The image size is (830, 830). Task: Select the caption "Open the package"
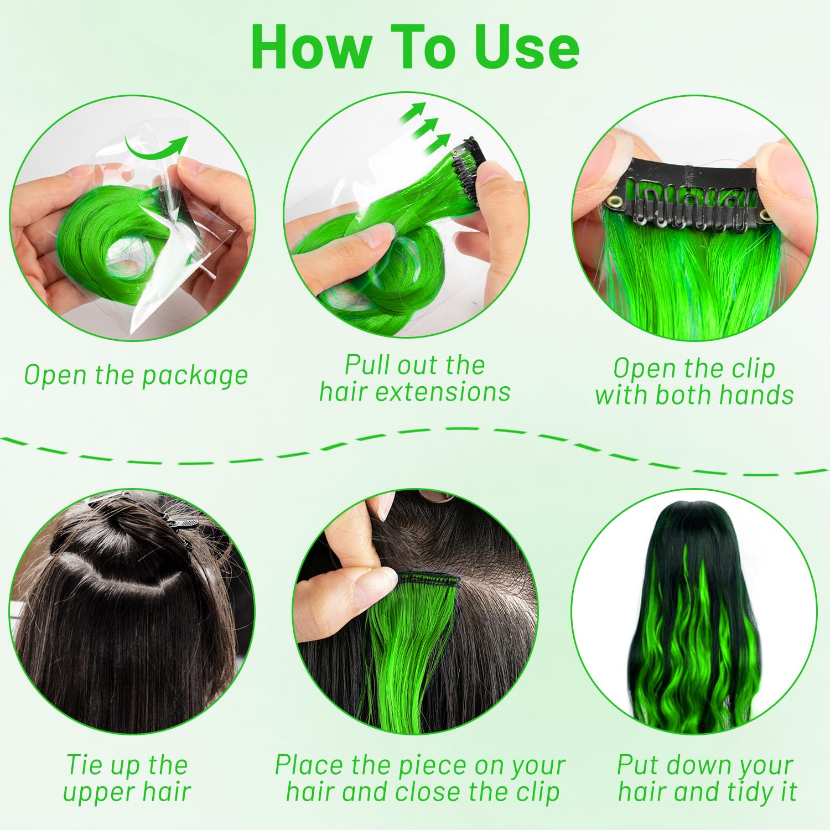click(136, 375)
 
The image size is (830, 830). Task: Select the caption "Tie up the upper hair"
click(127, 778)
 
